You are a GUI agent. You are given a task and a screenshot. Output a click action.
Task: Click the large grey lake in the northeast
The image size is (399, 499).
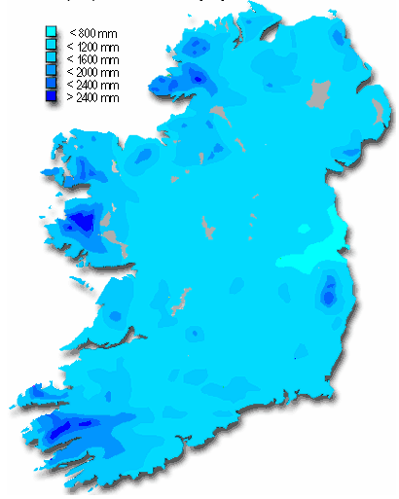click(316, 95)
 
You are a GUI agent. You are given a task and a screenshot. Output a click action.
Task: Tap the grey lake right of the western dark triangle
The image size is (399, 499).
click(113, 236)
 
